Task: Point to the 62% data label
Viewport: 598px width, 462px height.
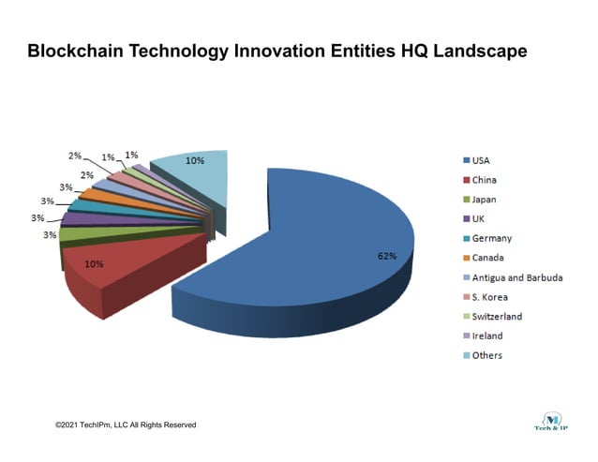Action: point(386,255)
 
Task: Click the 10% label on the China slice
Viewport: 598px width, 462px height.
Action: point(95,264)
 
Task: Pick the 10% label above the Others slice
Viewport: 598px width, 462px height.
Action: point(195,160)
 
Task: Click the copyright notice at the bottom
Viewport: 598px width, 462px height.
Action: point(126,425)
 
